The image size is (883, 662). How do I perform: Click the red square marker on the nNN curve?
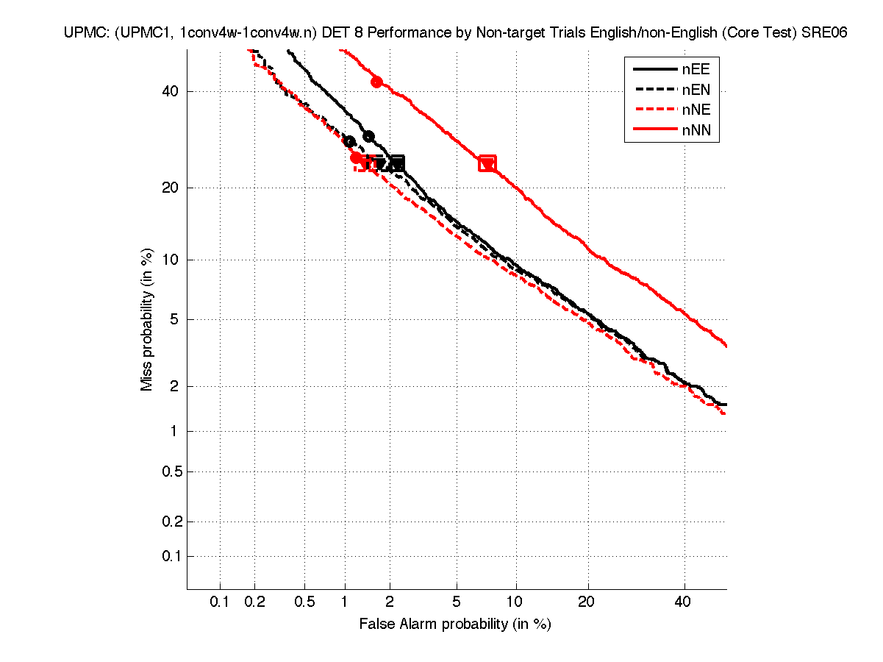click(x=487, y=163)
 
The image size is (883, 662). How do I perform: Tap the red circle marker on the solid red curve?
click(x=376, y=82)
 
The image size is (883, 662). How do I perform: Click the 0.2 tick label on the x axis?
click(x=255, y=602)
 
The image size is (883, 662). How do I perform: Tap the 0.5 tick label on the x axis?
click(x=304, y=602)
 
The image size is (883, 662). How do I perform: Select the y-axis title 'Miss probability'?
click(x=147, y=318)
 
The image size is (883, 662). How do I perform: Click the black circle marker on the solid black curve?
click(x=368, y=136)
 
